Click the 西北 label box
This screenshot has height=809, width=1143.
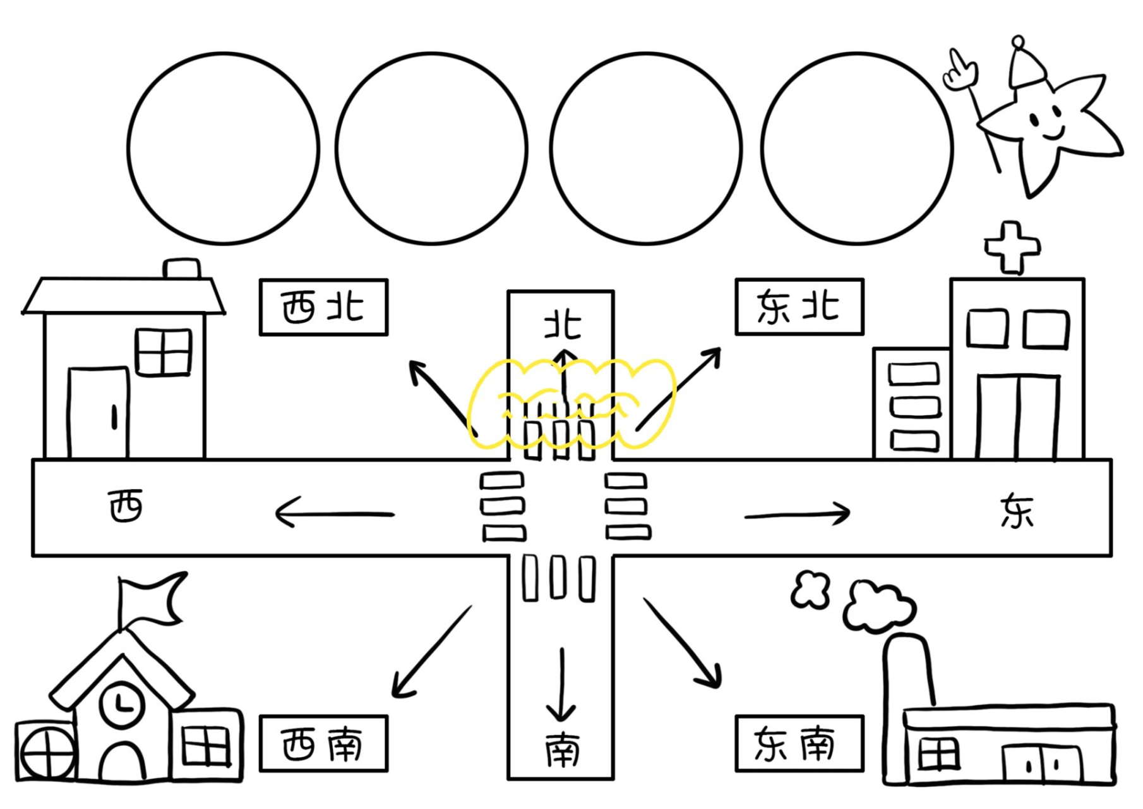click(x=323, y=307)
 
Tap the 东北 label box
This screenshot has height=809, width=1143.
click(x=799, y=307)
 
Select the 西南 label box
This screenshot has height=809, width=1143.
click(x=323, y=744)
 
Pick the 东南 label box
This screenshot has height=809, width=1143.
click(x=799, y=744)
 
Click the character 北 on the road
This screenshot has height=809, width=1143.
click(x=562, y=325)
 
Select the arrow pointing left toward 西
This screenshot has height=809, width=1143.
click(x=335, y=513)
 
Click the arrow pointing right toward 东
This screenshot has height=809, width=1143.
click(x=797, y=514)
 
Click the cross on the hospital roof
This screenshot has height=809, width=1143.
click(x=1012, y=247)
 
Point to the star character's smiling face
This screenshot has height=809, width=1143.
click(x=1046, y=123)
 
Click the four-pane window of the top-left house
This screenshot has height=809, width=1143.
click(x=164, y=351)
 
